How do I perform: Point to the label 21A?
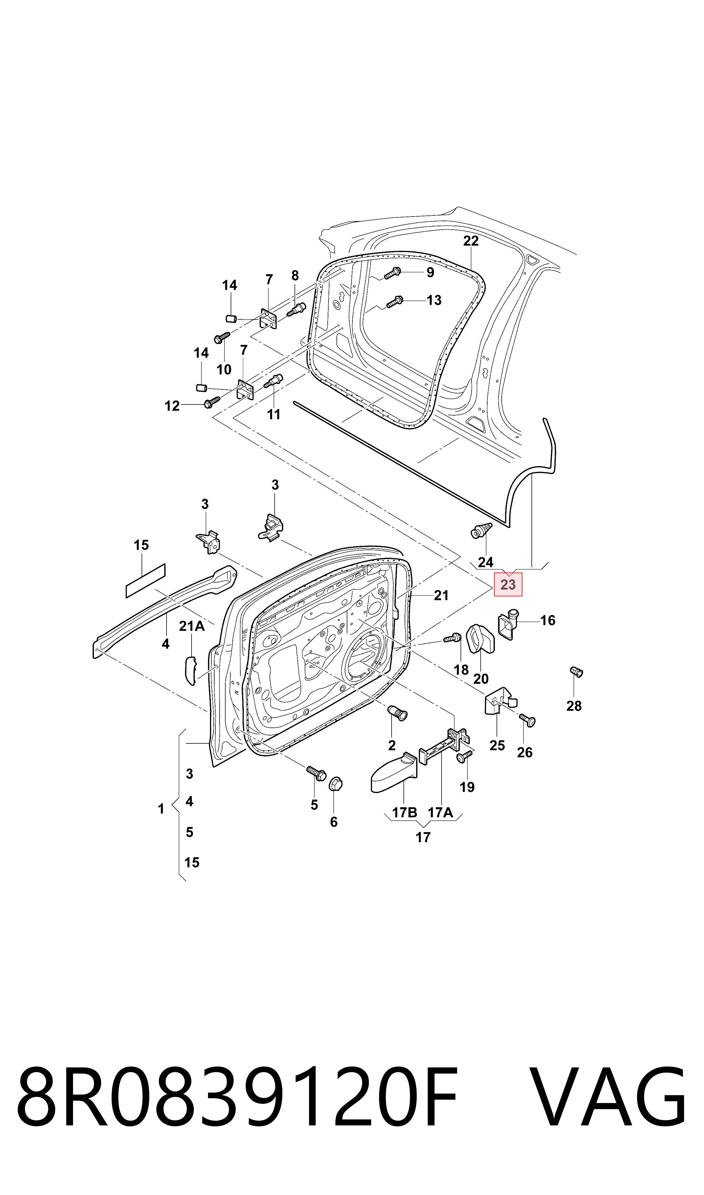tap(192, 626)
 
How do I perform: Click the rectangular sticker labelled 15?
tap(146, 581)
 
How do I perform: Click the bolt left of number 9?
tap(392, 273)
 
